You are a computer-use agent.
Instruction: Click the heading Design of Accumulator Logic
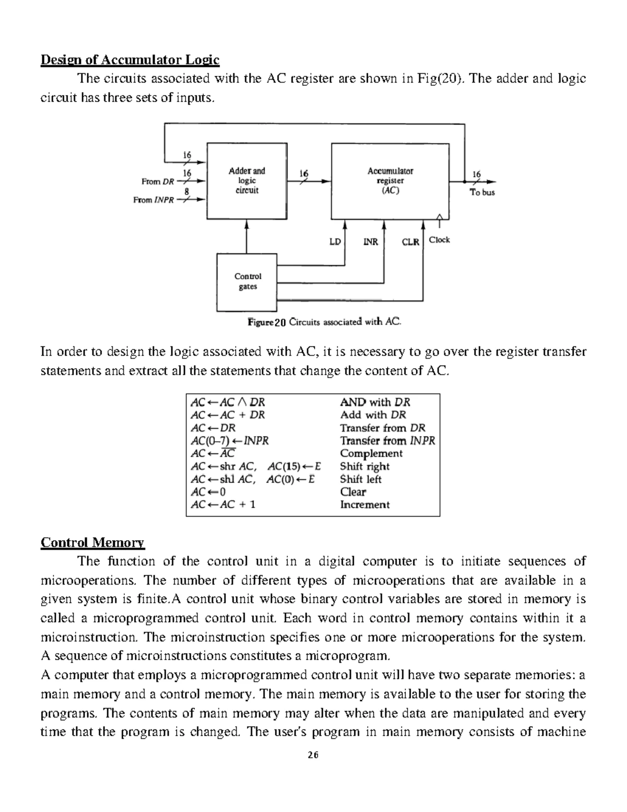(130, 60)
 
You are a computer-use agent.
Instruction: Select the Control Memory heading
(92, 542)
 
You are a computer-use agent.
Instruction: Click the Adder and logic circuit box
(247, 180)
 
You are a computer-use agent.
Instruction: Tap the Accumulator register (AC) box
(390, 180)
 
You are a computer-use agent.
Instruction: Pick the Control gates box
(247, 282)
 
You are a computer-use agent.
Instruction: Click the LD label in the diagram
(335, 242)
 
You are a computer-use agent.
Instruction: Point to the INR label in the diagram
(370, 242)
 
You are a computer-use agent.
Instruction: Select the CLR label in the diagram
(410, 242)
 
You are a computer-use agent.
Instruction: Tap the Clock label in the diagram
(439, 240)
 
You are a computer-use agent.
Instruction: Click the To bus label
(482, 192)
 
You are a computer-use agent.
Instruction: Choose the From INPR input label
(154, 200)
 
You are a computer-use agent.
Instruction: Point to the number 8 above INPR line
(187, 191)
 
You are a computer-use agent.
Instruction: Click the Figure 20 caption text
(324, 322)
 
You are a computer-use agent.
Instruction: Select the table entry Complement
(371, 453)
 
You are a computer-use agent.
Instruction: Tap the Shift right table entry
(365, 466)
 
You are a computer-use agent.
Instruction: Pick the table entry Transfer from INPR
(387, 441)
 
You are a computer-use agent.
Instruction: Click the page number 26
(313, 755)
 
